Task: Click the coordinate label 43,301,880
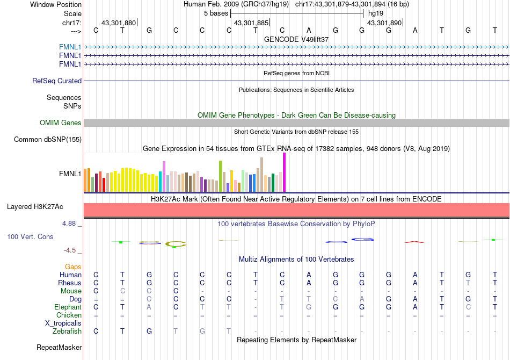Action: tap(119, 23)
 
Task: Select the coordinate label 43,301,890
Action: tap(384, 23)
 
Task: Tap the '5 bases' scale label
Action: tap(216, 13)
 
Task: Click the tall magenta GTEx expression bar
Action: tap(284, 172)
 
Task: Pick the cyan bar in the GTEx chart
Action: tap(161, 181)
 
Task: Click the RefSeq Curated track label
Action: tap(57, 81)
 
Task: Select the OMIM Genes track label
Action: tap(61, 123)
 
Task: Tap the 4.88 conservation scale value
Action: tap(70, 224)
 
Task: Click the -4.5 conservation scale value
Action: tap(71, 250)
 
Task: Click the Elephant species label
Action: tap(68, 307)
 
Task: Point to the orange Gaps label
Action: tap(73, 267)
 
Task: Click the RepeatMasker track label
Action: tap(59, 348)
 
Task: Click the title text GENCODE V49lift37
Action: tap(296, 39)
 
